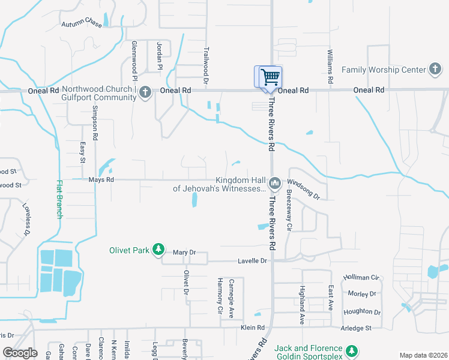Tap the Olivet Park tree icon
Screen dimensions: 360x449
pyautogui.click(x=158, y=250)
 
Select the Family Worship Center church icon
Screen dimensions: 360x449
pyautogui.click(x=435, y=69)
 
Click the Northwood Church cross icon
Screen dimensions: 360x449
pyautogui.click(x=145, y=93)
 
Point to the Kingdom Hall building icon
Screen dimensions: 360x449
pyautogui.click(x=275, y=182)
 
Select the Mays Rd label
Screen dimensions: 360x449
pyautogui.click(x=84, y=179)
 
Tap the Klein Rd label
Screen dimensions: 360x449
pyautogui.click(x=252, y=328)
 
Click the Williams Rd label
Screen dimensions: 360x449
pyautogui.click(x=330, y=67)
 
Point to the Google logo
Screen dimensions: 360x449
pyautogui.click(x=20, y=353)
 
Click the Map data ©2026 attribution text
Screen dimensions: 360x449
pyautogui.click(x=423, y=355)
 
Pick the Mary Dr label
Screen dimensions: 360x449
pyautogui.click(x=184, y=253)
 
